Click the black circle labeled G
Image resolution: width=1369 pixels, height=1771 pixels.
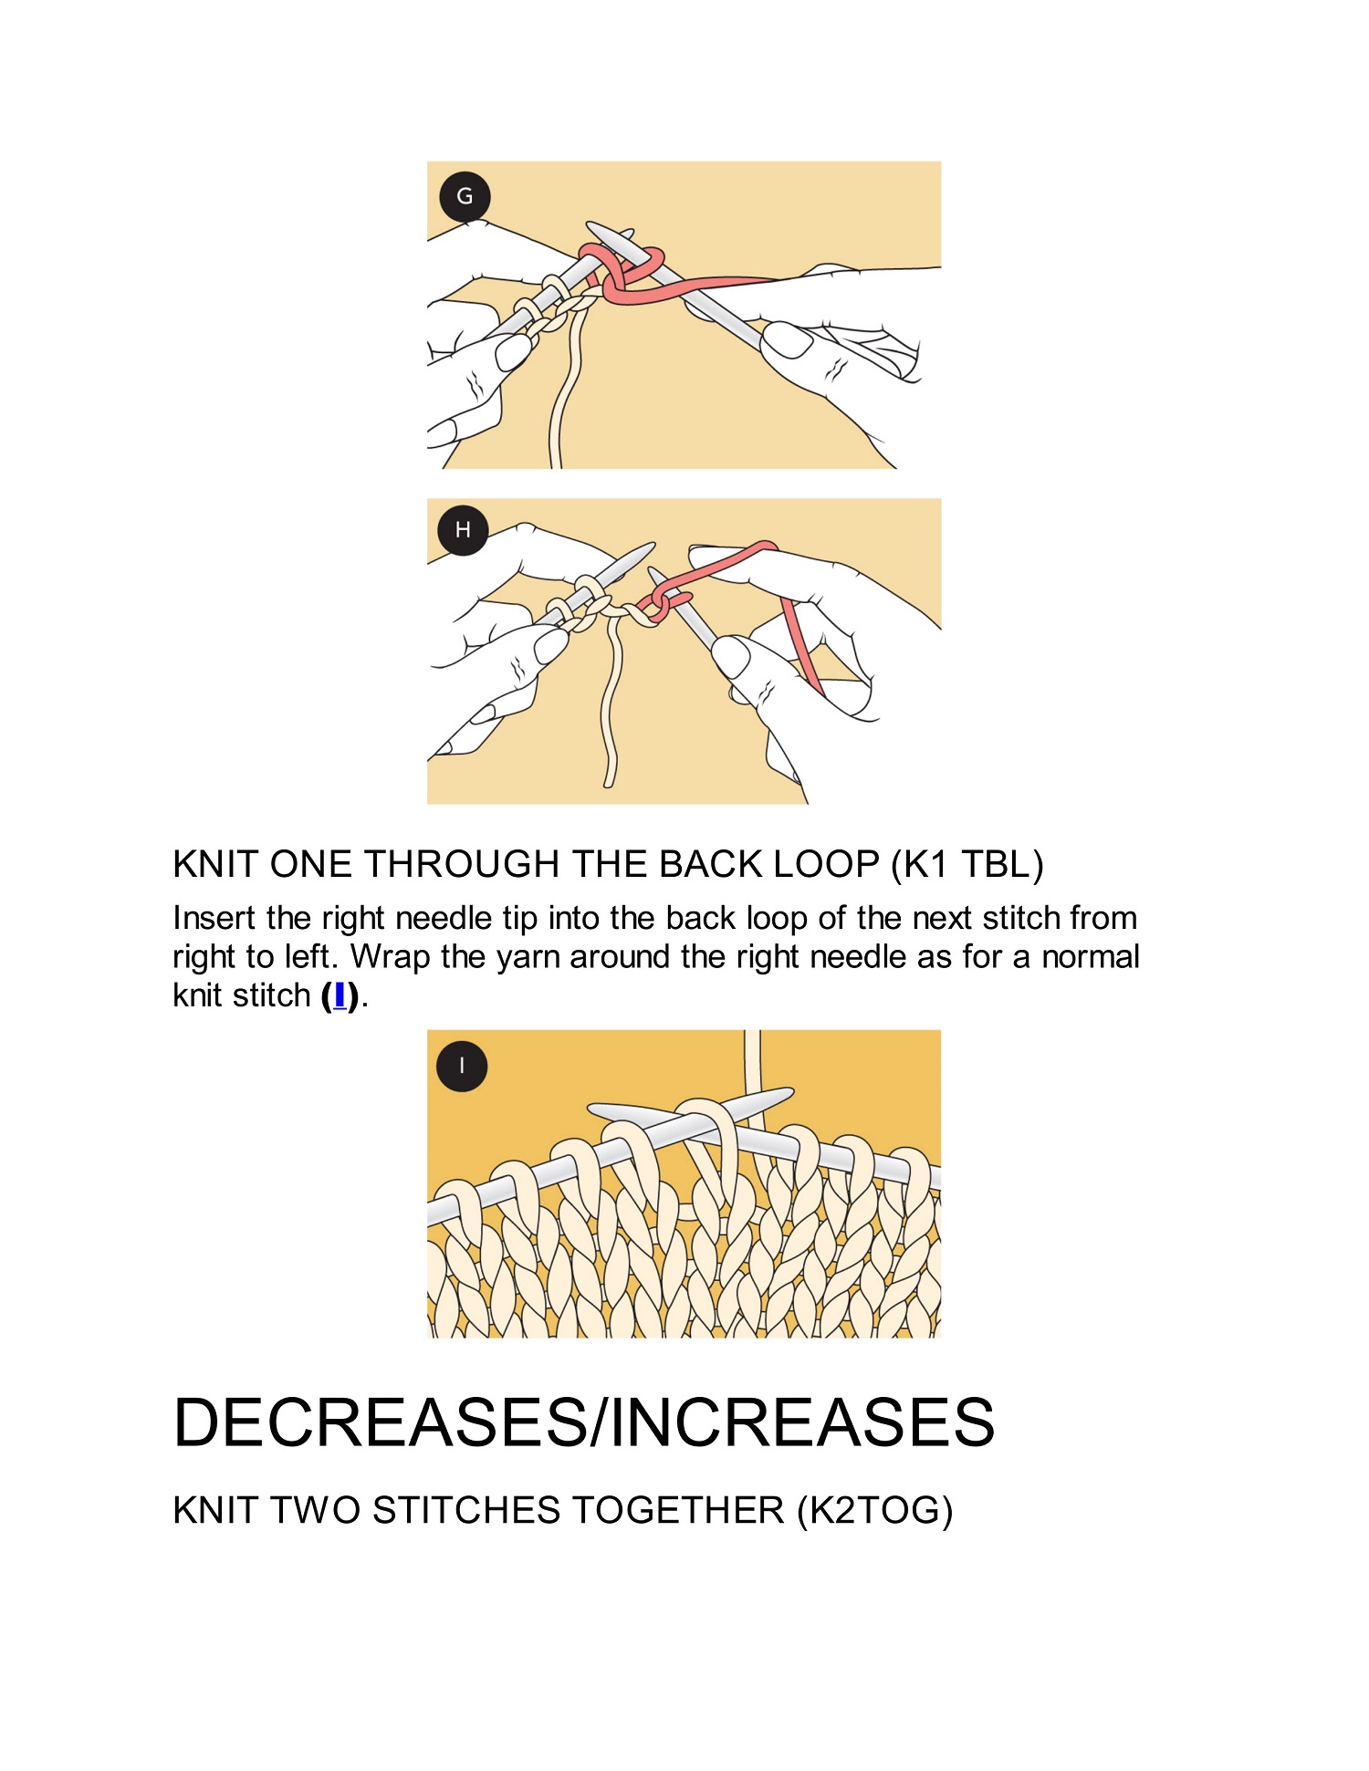point(465,196)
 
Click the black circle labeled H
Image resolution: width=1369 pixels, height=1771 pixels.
point(463,530)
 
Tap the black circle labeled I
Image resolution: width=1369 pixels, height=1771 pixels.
point(462,1066)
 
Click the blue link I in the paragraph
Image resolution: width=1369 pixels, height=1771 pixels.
point(340,995)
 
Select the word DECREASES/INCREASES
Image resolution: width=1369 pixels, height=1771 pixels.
point(584,1422)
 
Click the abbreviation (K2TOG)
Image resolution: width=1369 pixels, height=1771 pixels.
point(875,1511)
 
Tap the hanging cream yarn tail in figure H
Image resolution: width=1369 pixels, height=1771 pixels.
point(612,703)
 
